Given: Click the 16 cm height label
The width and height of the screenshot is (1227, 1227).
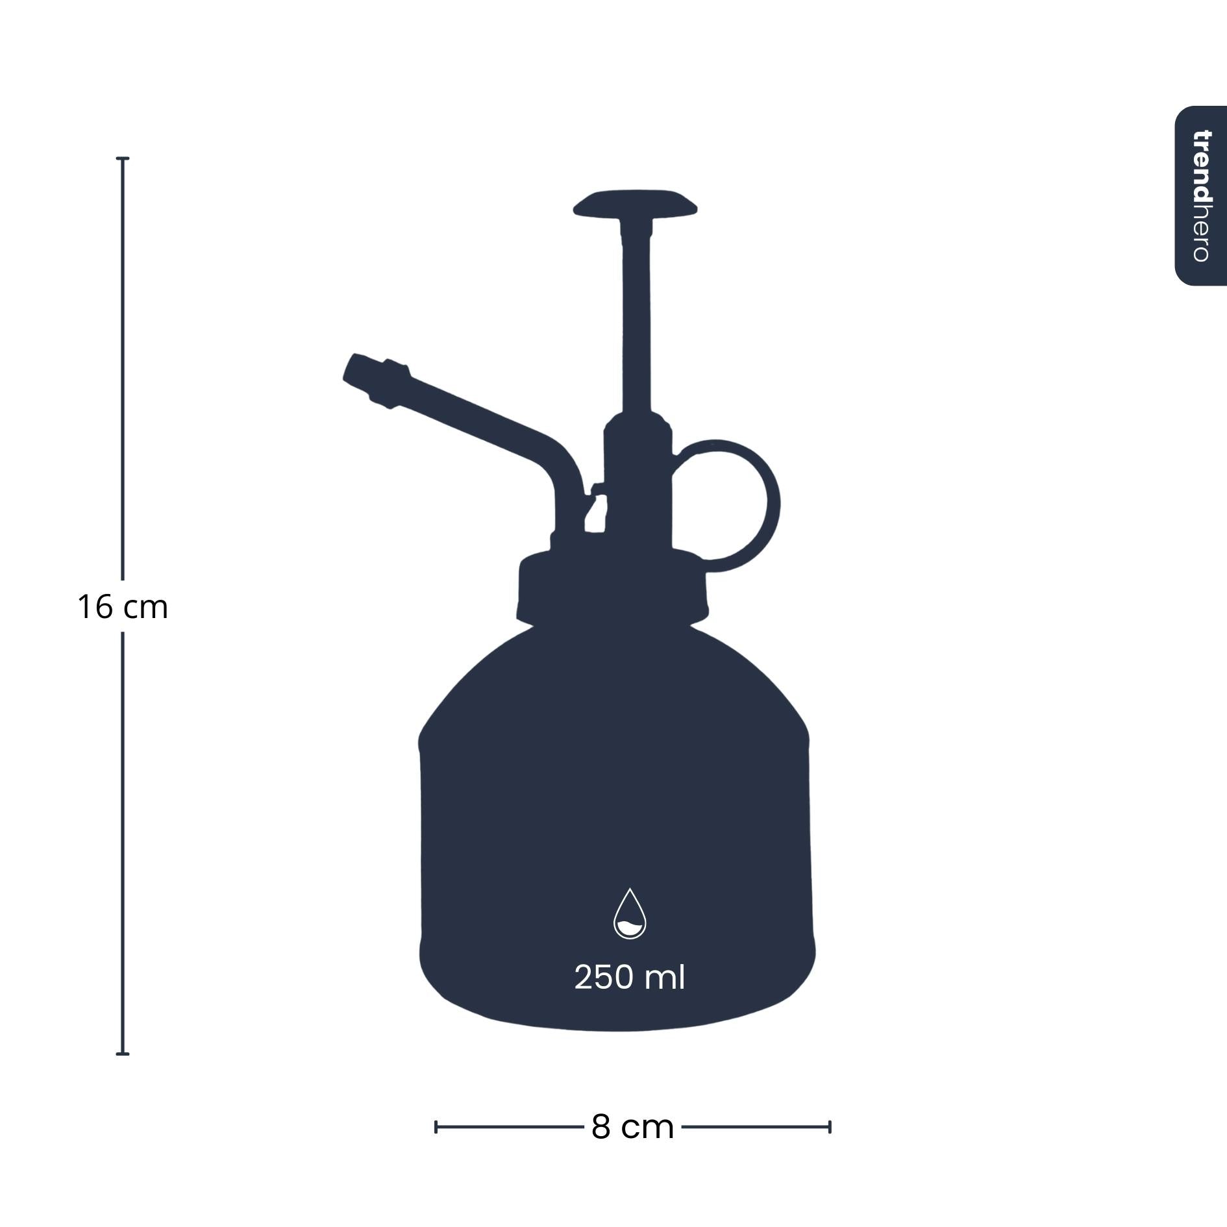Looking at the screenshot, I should coord(123,607).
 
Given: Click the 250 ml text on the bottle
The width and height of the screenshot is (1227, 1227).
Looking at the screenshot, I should coord(629,977).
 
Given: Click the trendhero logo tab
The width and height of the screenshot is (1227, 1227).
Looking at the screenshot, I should coord(1201,195).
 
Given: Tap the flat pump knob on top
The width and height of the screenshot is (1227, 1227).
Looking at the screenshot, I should coord(635,203).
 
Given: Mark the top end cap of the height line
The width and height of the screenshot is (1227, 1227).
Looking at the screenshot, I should coord(123,158).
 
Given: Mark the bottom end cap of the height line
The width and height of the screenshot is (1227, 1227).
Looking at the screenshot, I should coord(123,1054).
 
